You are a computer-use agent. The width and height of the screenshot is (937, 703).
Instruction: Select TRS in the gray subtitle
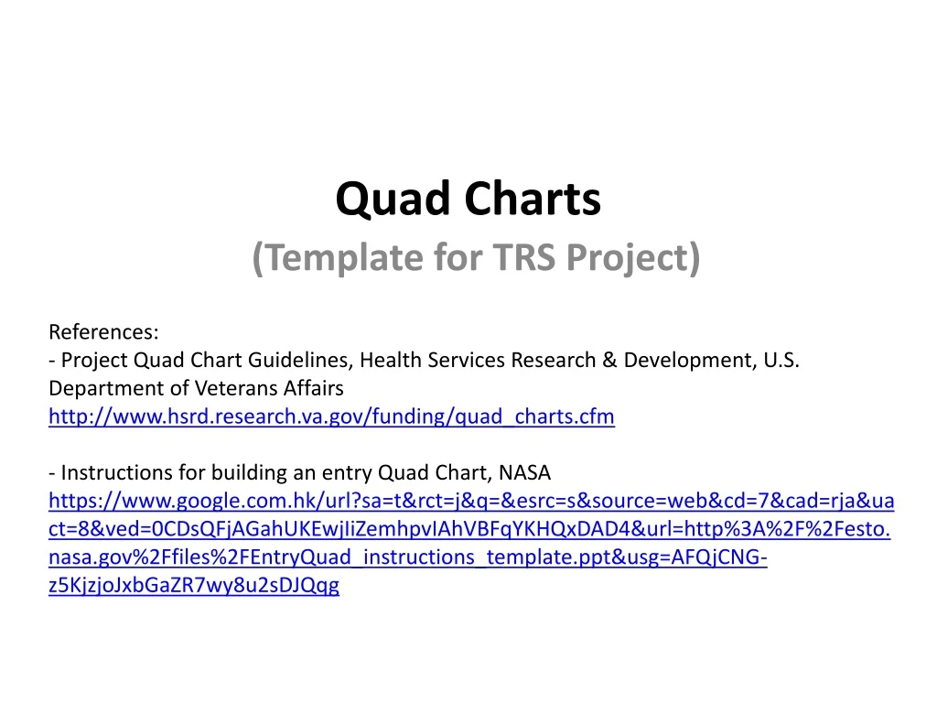pos(528,259)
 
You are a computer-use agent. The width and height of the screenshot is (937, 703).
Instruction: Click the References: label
pos(103,330)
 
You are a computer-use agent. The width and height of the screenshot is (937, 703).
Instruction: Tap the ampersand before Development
pos(609,360)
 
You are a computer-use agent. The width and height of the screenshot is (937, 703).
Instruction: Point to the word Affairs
pos(313,388)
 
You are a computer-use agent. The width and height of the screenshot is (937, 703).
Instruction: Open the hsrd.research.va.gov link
pos(331,416)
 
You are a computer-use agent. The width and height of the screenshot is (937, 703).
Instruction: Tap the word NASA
pos(525,473)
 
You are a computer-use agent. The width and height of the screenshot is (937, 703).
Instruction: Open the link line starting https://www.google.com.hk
pos(470,502)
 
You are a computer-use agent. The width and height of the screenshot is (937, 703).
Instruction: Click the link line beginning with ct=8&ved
pos(468,530)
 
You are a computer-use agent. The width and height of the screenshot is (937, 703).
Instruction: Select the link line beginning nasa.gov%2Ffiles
pos(407,558)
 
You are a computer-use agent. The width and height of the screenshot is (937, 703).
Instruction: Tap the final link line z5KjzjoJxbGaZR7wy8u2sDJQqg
pos(193,587)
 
